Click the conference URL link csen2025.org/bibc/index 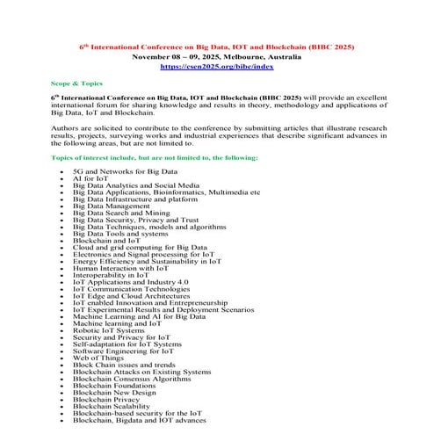coord(216,66)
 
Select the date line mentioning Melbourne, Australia coord(216,55)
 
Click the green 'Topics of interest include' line coord(155,156)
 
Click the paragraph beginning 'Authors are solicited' coord(216,131)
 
